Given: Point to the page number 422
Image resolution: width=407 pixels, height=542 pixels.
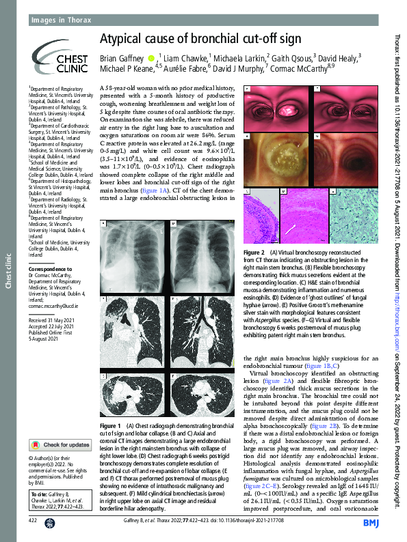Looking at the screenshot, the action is click(32, 520).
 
